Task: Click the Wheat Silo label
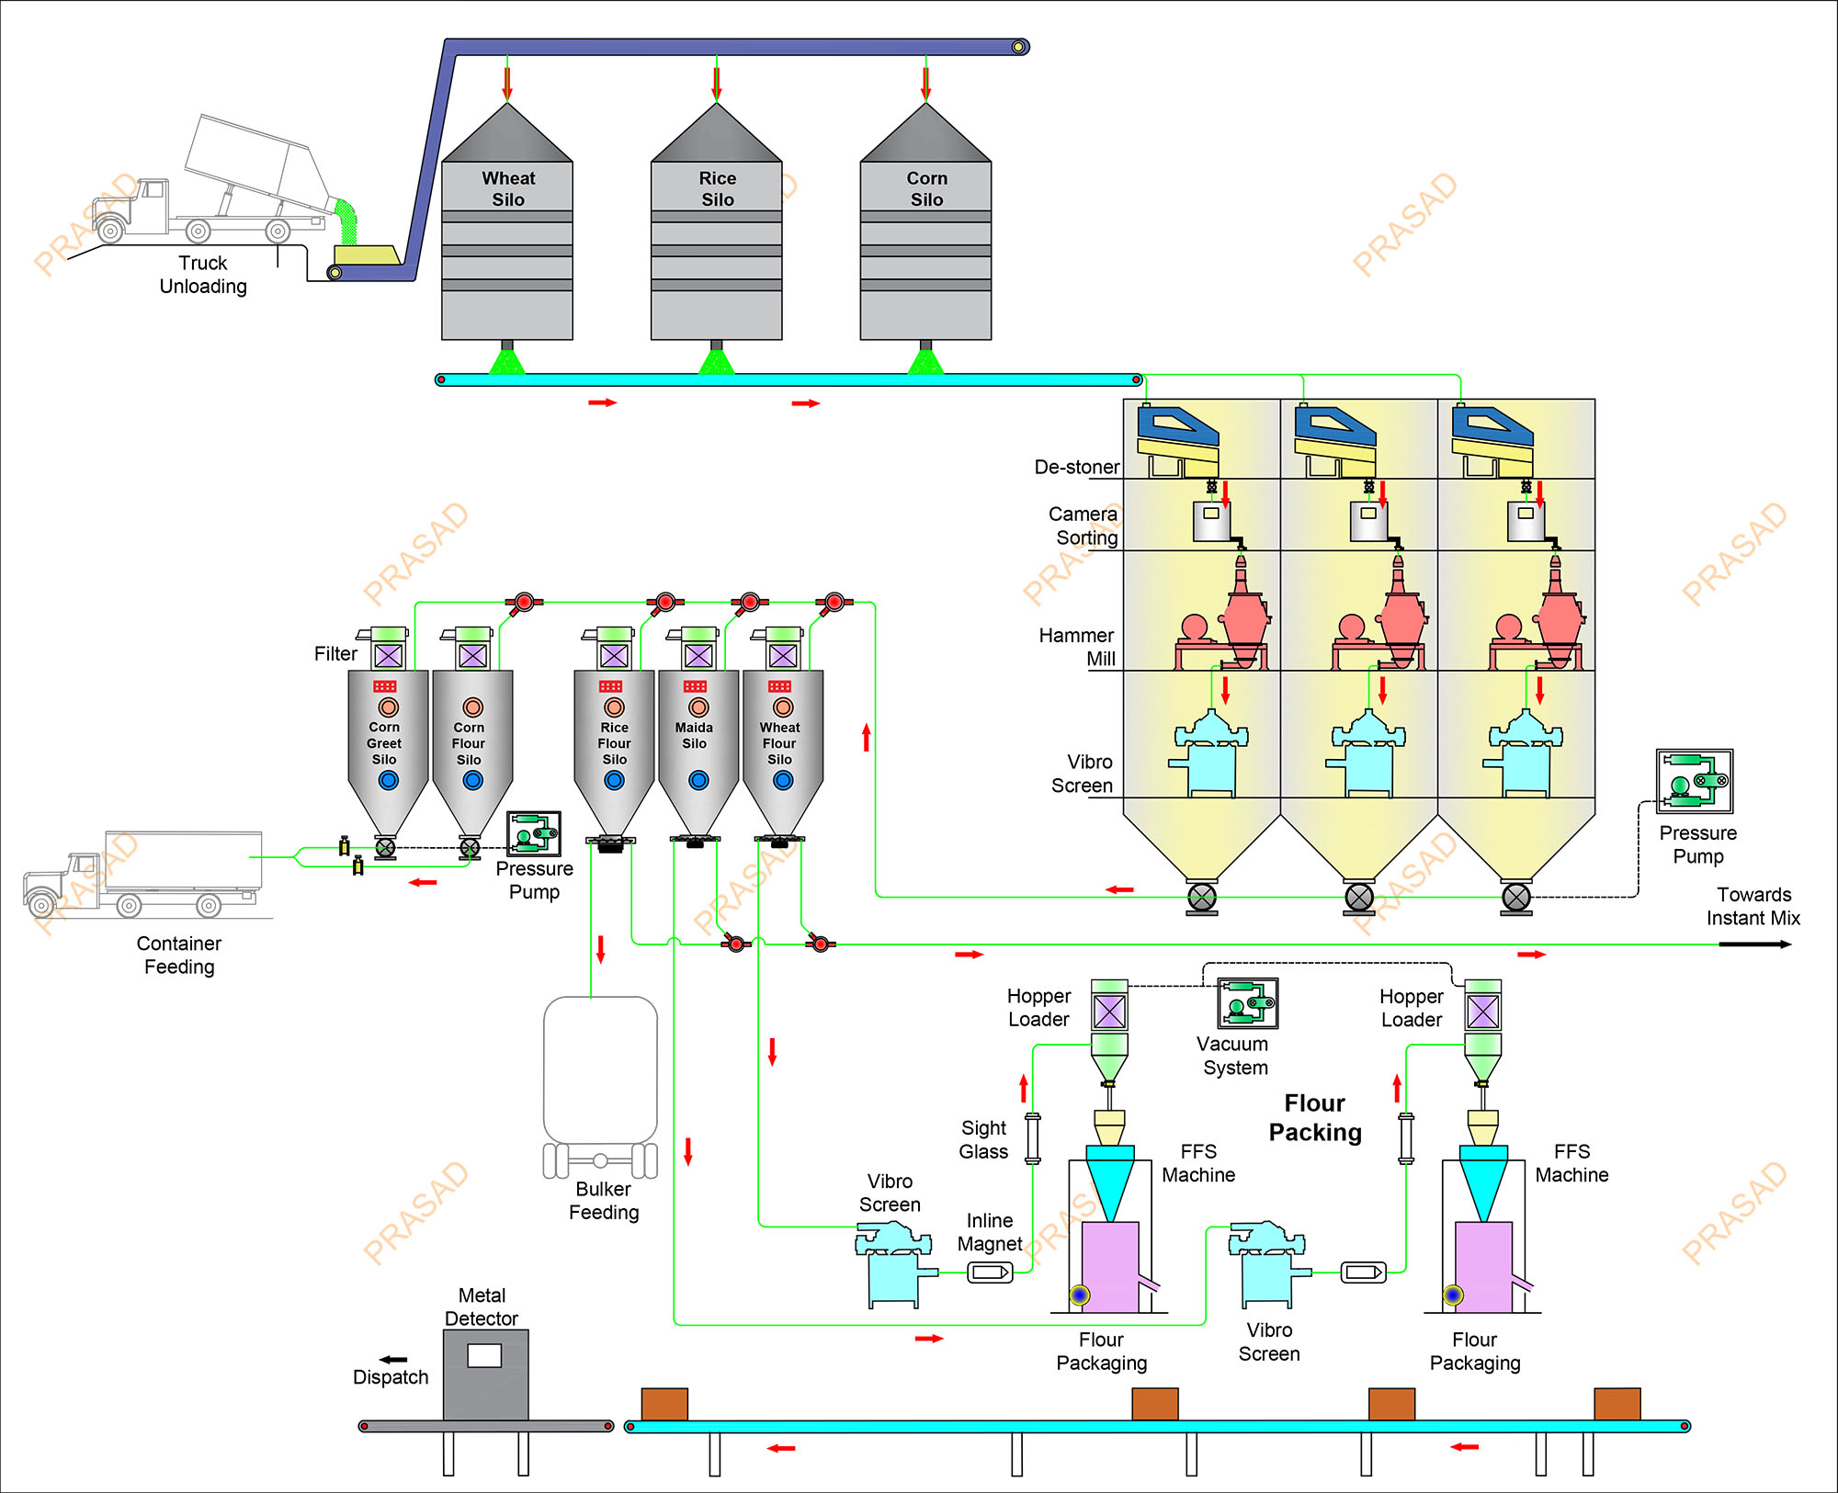click(508, 188)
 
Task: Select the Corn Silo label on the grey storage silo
click(926, 188)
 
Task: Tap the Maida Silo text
click(694, 735)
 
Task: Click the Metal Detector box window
click(484, 1355)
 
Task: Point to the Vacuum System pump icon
click(1247, 1002)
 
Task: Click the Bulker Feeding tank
click(600, 1070)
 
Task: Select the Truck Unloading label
click(203, 275)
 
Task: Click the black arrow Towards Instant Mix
click(1755, 944)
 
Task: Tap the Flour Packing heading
click(1315, 1117)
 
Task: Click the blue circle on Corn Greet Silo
click(388, 780)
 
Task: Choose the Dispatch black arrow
click(392, 1360)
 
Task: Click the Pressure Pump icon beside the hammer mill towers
click(1695, 781)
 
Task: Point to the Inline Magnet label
click(989, 1232)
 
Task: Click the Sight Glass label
click(983, 1139)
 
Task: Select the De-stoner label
click(1076, 467)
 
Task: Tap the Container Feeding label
click(179, 955)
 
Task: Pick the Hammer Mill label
click(1077, 647)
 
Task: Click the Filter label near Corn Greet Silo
click(335, 653)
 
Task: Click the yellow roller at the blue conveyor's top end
click(1018, 47)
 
